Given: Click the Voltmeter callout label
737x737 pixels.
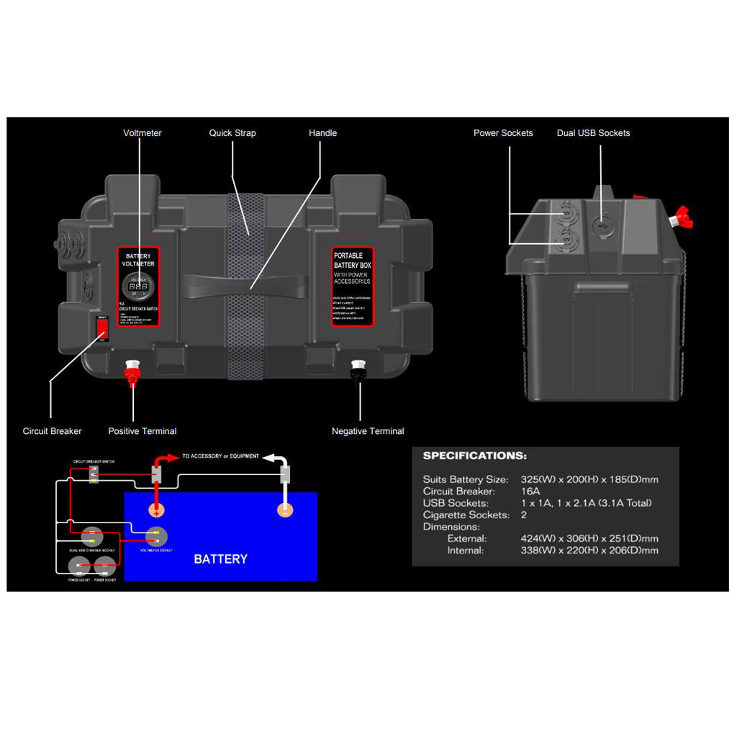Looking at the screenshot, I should (143, 133).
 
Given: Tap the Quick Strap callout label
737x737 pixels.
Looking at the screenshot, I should (232, 133).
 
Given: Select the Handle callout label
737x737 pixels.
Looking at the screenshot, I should (322, 133).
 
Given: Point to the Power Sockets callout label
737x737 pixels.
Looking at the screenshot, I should (503, 133).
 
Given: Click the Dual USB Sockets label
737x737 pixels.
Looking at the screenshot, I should (593, 133).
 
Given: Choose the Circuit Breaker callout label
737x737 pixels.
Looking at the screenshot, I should (53, 431).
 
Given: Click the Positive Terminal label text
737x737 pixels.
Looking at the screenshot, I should (143, 431).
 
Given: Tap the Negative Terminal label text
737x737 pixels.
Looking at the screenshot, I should (368, 431).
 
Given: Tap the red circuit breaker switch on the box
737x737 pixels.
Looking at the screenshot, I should (102, 328).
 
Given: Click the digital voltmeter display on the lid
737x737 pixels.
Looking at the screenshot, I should (138, 286).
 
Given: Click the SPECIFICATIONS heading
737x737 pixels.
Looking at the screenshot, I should (474, 456).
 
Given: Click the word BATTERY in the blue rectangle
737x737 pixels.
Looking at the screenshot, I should (220, 559).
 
